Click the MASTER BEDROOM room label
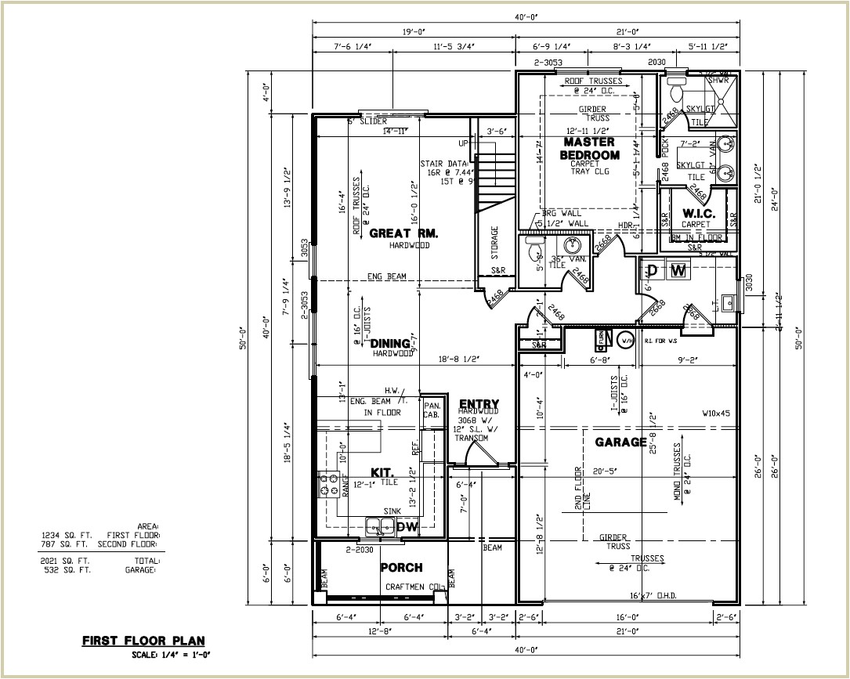(589, 148)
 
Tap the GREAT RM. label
(403, 233)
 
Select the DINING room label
(390, 344)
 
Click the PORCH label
(401, 567)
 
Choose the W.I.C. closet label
(696, 213)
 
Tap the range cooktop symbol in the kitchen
(327, 485)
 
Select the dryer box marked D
(652, 271)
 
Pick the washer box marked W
(679, 271)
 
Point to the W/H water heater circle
(626, 341)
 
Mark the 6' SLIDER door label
(367, 121)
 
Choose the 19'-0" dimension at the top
(413, 32)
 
